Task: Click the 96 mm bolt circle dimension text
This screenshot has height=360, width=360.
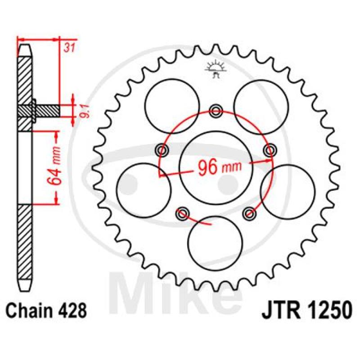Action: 220,167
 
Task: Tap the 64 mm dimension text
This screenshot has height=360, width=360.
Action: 54,166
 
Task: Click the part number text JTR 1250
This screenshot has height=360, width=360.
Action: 307,310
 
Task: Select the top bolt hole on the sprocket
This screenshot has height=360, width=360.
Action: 216,111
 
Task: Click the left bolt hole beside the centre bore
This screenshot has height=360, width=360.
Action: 162,151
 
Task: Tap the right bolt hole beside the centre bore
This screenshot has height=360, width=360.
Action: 270,150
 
